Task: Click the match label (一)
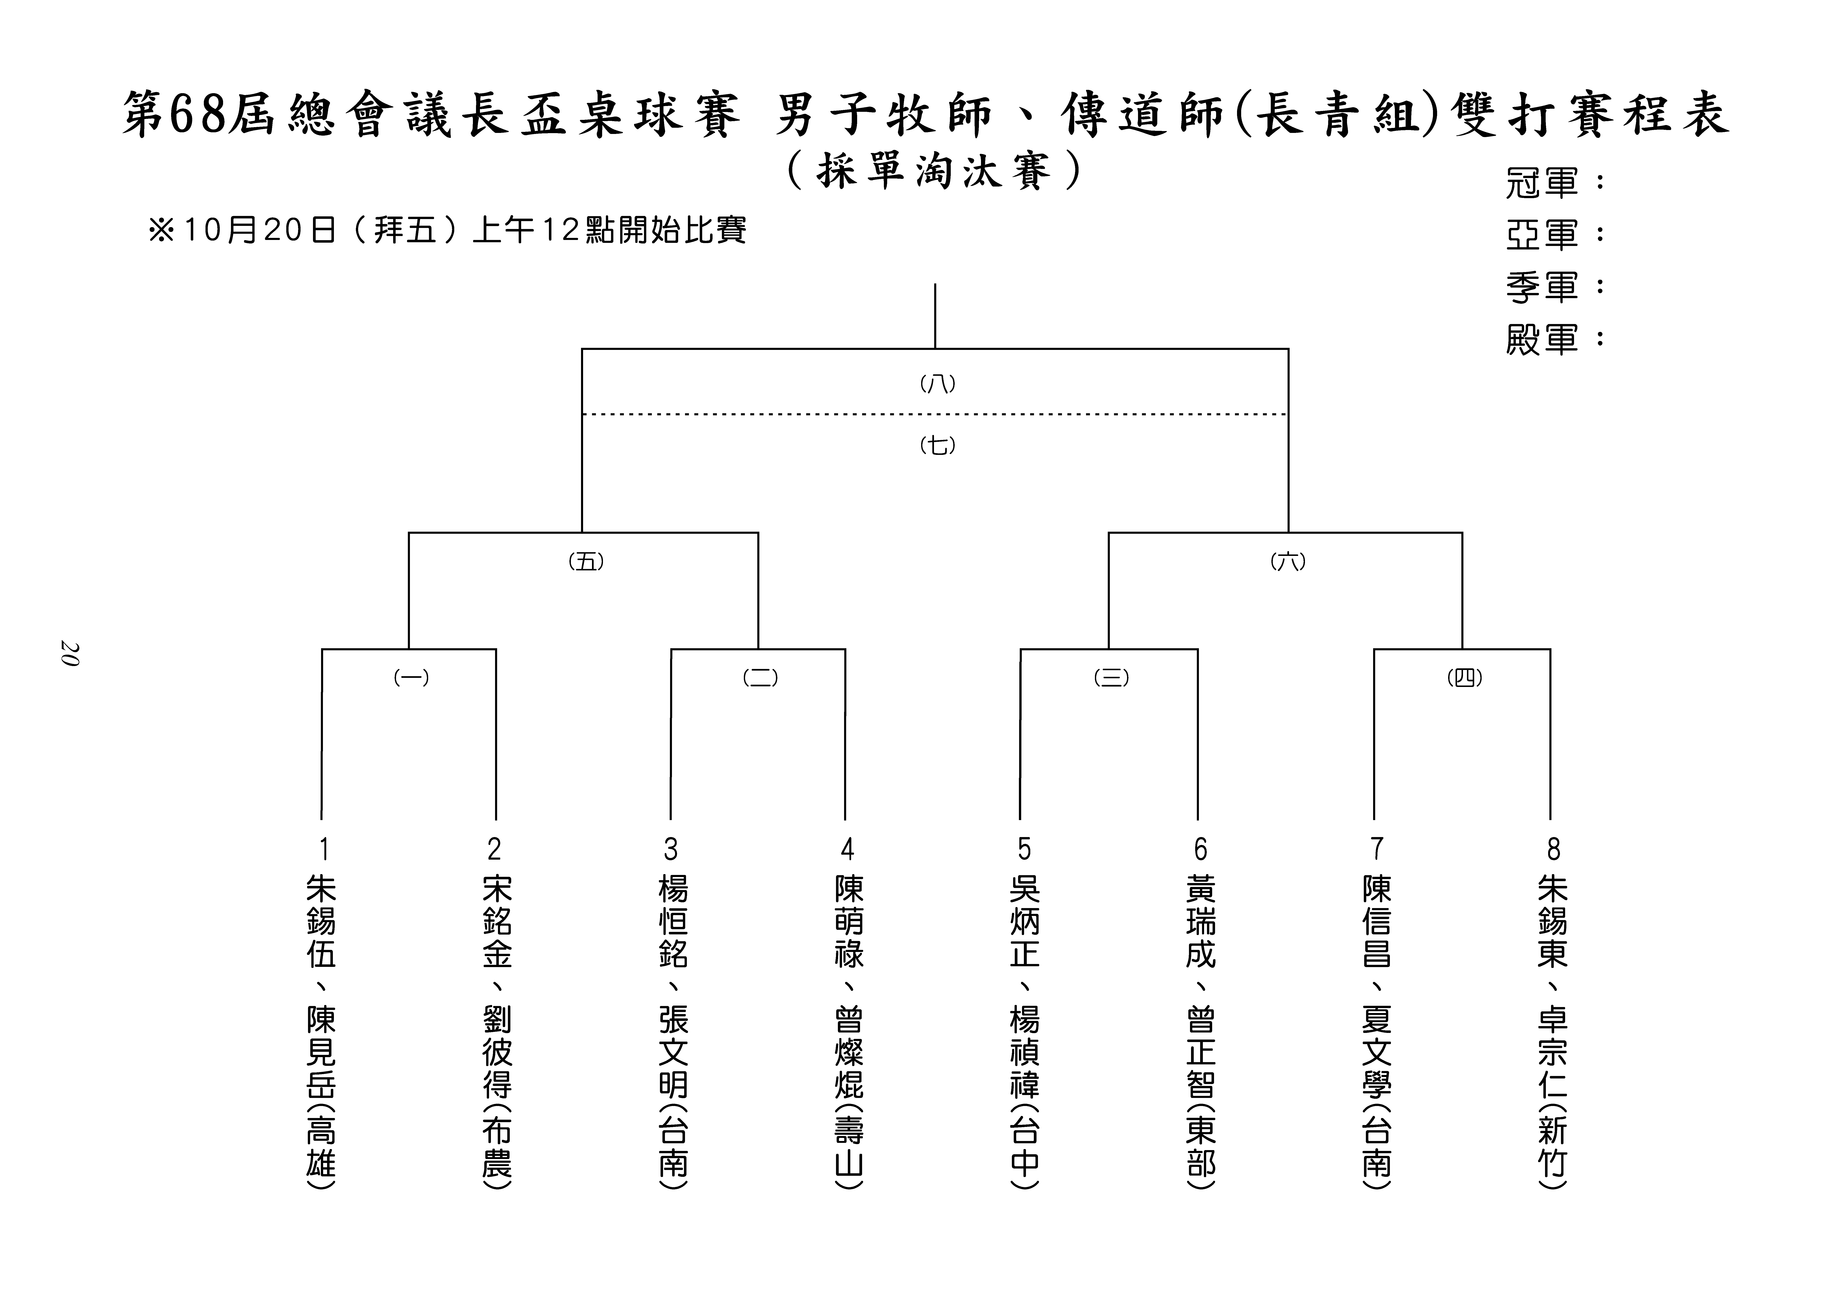click(x=411, y=678)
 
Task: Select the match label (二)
click(x=760, y=678)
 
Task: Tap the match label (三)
click(x=1112, y=678)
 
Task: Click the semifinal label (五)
click(x=586, y=561)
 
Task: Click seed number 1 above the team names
click(x=323, y=849)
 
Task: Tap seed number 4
click(x=847, y=849)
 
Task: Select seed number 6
click(x=1200, y=849)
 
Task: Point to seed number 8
click(x=1553, y=849)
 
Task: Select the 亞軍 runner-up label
click(x=1542, y=234)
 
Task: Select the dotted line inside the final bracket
click(x=935, y=414)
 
